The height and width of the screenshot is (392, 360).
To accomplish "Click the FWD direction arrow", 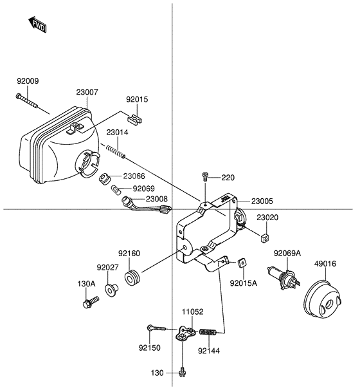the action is click(38, 24).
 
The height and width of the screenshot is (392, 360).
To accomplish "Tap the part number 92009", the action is click(28, 81).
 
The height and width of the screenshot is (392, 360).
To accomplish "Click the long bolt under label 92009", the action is click(27, 100).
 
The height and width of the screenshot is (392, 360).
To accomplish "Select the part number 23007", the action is click(87, 92).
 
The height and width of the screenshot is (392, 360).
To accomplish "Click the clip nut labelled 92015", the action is click(135, 119).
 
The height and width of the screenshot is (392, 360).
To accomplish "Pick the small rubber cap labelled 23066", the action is click(105, 179).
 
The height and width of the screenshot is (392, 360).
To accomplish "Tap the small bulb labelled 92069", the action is click(116, 191).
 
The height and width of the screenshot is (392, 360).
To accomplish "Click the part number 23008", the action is click(157, 199).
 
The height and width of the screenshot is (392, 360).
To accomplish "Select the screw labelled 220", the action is click(205, 176).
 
